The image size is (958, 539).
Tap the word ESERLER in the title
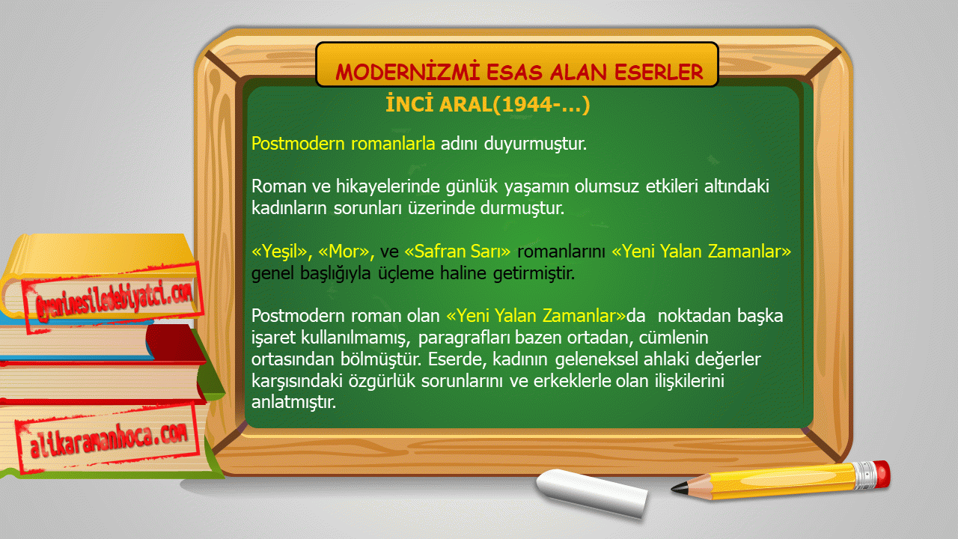659,72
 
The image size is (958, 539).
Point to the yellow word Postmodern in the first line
298,143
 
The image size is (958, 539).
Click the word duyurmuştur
535,144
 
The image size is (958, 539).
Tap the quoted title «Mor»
346,252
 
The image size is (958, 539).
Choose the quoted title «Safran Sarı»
457,251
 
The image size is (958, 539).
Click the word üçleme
406,273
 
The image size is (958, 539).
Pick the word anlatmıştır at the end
293,402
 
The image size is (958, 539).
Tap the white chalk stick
592,493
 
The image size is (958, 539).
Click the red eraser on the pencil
882,473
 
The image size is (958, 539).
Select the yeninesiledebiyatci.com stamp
113,299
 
